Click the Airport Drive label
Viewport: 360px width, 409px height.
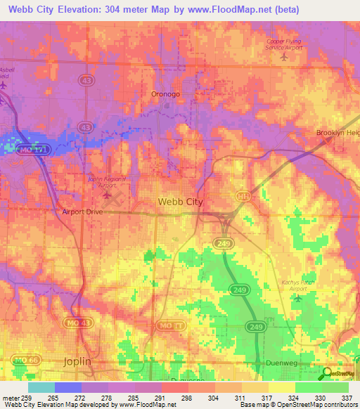83,212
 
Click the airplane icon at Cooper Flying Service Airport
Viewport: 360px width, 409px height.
283,57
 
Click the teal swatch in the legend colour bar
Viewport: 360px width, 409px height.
41,387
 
